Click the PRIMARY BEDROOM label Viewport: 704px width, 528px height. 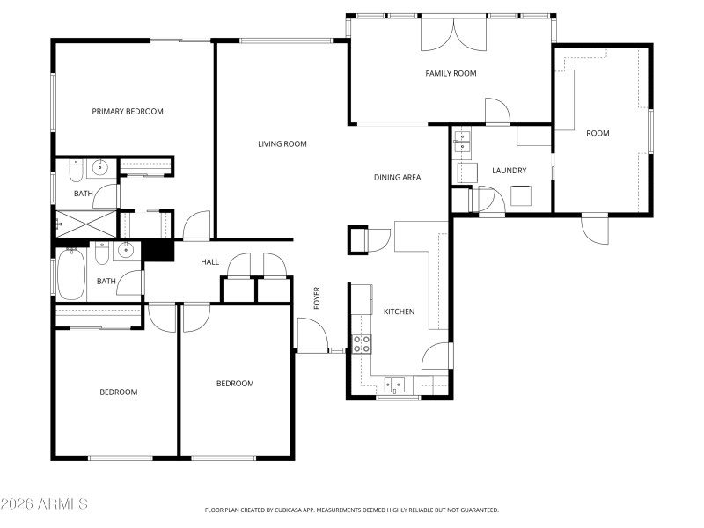pos(128,112)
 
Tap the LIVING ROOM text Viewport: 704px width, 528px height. pos(282,144)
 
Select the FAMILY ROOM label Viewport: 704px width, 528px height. pos(451,74)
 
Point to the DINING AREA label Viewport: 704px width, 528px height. pos(397,178)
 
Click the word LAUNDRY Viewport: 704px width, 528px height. pos(509,171)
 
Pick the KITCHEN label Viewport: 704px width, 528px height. pos(399,312)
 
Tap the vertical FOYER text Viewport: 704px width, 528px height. pos(317,297)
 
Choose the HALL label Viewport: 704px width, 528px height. pos(209,262)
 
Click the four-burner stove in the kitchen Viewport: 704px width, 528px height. pos(361,344)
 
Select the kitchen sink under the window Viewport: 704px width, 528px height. pos(396,384)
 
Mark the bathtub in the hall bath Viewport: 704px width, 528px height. pos(70,275)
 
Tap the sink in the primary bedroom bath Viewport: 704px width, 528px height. pos(99,166)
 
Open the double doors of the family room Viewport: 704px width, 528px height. pos(454,33)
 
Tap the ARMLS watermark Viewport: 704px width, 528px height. pos(44,504)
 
